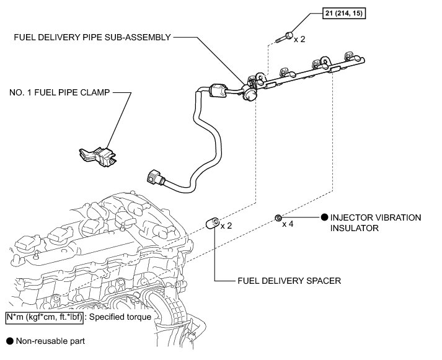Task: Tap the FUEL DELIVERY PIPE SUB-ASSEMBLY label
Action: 92,37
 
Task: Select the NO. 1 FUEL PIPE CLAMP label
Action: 60,93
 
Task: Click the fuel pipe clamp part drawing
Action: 99,156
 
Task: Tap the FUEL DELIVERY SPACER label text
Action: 290,280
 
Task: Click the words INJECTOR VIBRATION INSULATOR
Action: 376,223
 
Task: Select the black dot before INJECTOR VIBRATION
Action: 324,217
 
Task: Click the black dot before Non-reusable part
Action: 9,341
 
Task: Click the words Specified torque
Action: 132,317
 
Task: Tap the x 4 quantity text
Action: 288,224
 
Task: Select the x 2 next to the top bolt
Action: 299,38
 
